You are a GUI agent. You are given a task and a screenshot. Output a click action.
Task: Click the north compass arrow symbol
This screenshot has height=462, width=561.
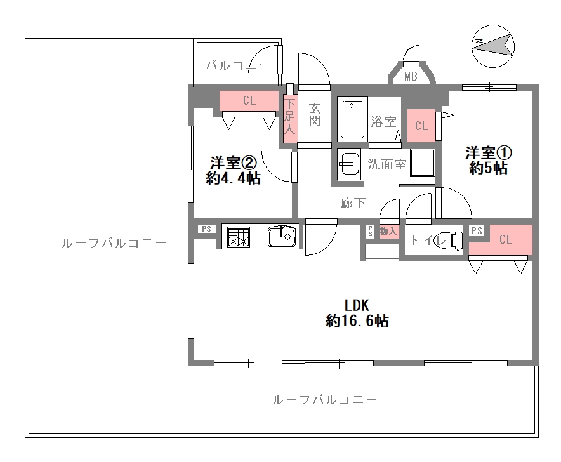click(494, 44)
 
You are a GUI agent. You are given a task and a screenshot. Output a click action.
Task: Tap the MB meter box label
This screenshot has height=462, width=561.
click(411, 77)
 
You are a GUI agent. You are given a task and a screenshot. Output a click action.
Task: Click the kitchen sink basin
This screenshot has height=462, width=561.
click(281, 237)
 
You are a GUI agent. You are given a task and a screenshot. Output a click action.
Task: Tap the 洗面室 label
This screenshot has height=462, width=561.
click(387, 164)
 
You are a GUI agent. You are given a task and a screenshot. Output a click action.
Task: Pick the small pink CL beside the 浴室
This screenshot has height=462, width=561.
click(421, 126)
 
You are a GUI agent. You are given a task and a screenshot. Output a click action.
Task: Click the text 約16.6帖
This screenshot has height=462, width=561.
click(357, 320)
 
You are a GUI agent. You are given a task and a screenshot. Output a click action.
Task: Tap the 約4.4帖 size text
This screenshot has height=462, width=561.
click(233, 178)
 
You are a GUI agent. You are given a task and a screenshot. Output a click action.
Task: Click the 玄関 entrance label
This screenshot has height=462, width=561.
click(315, 113)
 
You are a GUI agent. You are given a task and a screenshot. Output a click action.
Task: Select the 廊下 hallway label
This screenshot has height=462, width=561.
click(353, 203)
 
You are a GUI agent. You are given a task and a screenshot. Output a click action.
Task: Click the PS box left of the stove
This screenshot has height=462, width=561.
click(206, 229)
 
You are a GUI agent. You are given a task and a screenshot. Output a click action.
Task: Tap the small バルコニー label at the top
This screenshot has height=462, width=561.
click(239, 65)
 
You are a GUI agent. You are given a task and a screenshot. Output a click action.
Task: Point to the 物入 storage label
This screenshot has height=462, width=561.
click(388, 232)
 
